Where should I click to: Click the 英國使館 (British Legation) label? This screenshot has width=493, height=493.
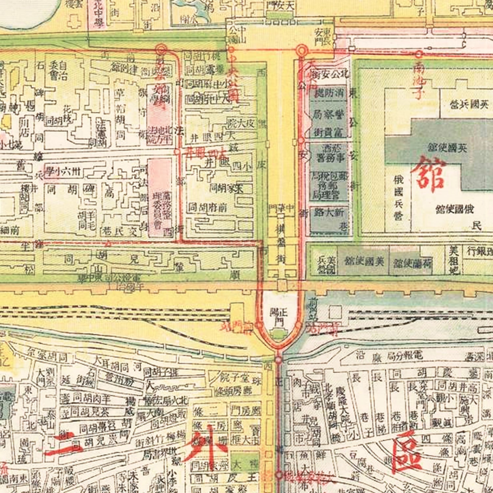(447, 148)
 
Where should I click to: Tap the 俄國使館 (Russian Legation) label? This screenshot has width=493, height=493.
(455, 209)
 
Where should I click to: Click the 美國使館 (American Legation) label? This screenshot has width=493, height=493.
(364, 261)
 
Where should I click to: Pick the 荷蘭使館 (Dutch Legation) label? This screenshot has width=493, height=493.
(412, 263)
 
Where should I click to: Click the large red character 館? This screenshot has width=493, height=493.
(428, 174)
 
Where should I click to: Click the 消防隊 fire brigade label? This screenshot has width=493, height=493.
(329, 93)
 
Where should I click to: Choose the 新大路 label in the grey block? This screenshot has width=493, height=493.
(329, 212)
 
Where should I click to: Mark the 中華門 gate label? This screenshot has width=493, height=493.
(281, 208)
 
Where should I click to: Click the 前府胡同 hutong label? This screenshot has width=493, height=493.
(207, 207)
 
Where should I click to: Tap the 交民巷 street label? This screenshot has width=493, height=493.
(120, 231)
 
